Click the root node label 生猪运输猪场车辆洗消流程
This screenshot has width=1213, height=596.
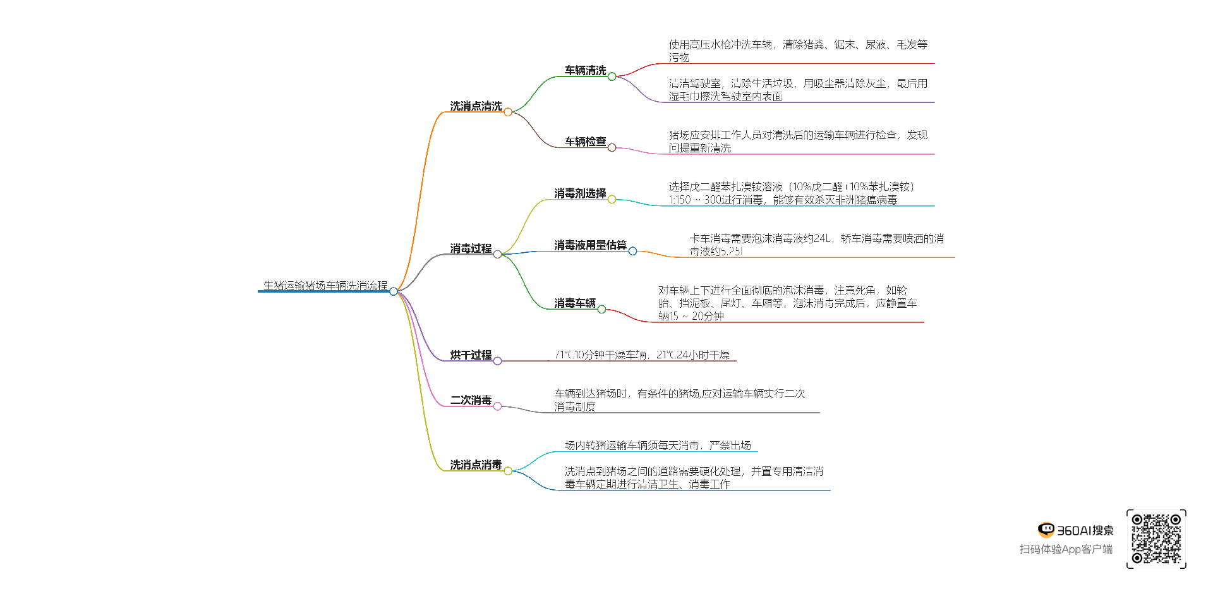(x=325, y=286)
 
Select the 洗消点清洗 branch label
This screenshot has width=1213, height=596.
(x=476, y=106)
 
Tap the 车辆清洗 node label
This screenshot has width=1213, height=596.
(x=585, y=71)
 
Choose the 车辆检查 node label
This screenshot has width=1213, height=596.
(x=585, y=142)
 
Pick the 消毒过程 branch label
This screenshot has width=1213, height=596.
(x=471, y=249)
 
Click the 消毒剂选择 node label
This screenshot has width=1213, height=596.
(x=580, y=193)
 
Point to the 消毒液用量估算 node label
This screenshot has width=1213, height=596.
(x=590, y=245)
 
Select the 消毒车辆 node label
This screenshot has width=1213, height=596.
(x=575, y=303)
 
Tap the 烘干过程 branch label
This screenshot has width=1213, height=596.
(x=471, y=355)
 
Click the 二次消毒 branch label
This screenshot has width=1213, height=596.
(x=471, y=401)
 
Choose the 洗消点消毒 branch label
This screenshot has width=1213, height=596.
(x=476, y=465)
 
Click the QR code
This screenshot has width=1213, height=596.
(x=1156, y=539)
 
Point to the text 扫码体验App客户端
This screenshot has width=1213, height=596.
(x=1066, y=549)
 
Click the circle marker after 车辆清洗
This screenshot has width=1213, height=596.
(x=612, y=76)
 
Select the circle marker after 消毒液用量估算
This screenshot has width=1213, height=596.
(x=632, y=251)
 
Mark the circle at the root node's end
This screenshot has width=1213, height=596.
(x=394, y=291)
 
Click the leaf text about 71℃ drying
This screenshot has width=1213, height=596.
(x=642, y=355)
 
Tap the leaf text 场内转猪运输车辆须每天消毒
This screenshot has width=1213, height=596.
(x=658, y=446)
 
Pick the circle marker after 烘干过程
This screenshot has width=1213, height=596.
(x=497, y=361)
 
